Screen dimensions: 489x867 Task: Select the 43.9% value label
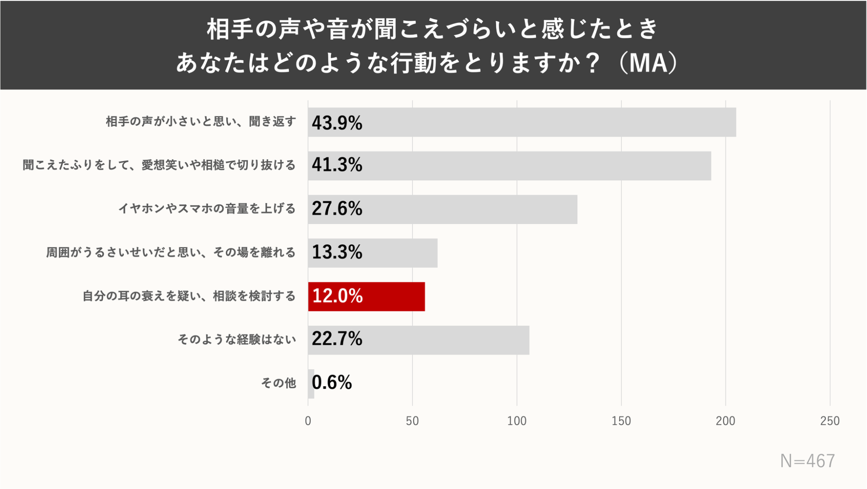pyautogui.click(x=337, y=123)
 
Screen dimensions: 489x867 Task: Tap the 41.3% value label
pyautogui.click(x=337, y=165)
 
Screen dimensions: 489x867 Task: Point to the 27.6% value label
pyautogui.click(x=337, y=208)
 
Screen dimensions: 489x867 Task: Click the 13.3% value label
pyautogui.click(x=337, y=252)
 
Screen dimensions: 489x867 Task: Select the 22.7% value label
pyautogui.click(x=337, y=339)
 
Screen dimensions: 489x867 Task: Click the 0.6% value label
pyautogui.click(x=332, y=383)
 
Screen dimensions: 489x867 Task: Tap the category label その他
pyautogui.click(x=279, y=383)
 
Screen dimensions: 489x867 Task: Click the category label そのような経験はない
pyautogui.click(x=237, y=339)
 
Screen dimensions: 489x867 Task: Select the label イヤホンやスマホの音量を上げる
pyautogui.click(x=207, y=208)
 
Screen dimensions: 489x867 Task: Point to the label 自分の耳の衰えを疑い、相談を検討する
pyautogui.click(x=189, y=296)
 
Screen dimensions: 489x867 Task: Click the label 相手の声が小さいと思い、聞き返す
pyautogui.click(x=201, y=121)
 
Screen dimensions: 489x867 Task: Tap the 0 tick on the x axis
pyautogui.click(x=308, y=421)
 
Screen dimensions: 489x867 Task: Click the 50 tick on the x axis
pyautogui.click(x=412, y=421)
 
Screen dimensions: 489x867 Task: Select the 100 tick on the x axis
pyautogui.click(x=517, y=421)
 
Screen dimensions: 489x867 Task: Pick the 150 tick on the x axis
pyautogui.click(x=621, y=421)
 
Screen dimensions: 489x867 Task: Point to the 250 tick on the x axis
pyautogui.click(x=830, y=421)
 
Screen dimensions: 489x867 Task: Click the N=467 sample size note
pyautogui.click(x=807, y=461)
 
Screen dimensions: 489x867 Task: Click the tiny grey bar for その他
pyautogui.click(x=311, y=383)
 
